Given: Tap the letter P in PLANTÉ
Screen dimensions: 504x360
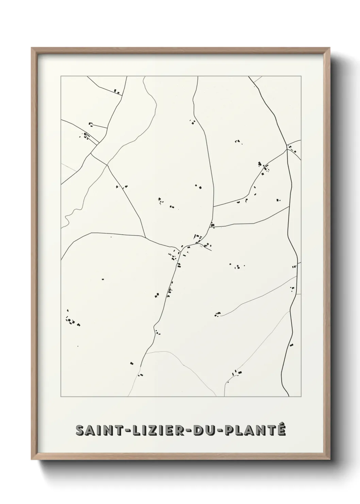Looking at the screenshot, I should tap(228, 430).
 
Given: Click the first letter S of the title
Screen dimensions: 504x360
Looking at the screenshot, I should tap(80, 430).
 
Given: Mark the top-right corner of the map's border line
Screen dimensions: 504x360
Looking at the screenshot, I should tap(301, 76).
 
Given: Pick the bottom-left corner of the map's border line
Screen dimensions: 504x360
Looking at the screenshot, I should tap(61, 397).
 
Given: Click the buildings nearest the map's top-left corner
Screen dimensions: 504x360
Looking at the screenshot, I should tap(117, 91).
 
